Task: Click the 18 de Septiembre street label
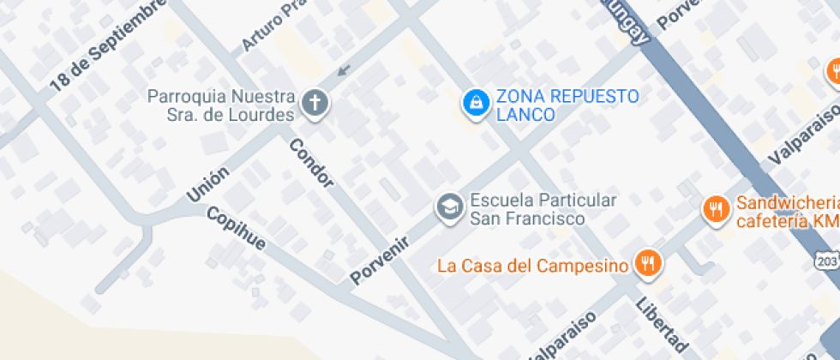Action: pos(106,45)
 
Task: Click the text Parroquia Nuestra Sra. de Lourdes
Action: pos(221,105)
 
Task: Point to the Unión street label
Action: pos(208,184)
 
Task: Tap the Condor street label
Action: pos(311,163)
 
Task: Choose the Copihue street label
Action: pos(237,229)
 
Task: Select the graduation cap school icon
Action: pos(448,207)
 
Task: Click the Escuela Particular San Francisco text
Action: pos(543,209)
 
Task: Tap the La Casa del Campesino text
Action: pos(532,265)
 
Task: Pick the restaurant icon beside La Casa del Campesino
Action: pos(649,264)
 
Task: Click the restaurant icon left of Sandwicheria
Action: pos(715,209)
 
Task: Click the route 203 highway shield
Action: pos(828,260)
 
